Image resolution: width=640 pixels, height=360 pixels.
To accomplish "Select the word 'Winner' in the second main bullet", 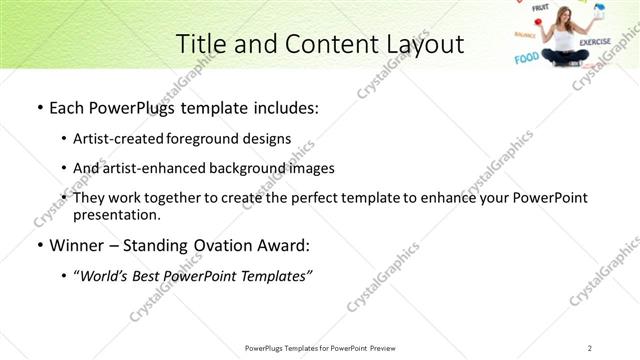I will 76,245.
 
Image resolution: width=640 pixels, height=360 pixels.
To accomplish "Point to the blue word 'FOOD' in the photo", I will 526,58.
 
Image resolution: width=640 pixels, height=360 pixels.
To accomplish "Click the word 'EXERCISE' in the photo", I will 595,42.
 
